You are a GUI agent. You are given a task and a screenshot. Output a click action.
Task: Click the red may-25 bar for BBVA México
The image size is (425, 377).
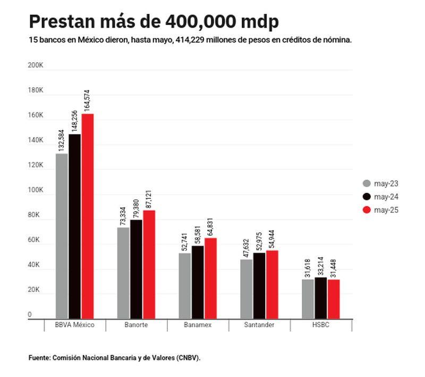(87, 215)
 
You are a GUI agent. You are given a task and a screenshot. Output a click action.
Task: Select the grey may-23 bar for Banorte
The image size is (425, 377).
(123, 272)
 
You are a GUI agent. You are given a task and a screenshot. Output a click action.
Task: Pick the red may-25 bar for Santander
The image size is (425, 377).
(272, 283)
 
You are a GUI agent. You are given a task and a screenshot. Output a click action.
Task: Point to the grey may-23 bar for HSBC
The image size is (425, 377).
(308, 298)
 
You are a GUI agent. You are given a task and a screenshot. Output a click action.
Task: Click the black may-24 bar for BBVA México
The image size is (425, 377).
(75, 225)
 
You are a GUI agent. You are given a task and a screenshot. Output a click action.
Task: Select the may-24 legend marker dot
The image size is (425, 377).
(367, 197)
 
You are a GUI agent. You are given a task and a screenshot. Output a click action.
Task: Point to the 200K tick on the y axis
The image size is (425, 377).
(36, 65)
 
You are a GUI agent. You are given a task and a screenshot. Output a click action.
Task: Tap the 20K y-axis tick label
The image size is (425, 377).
(35, 290)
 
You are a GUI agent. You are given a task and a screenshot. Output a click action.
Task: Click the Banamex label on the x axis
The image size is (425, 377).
(198, 325)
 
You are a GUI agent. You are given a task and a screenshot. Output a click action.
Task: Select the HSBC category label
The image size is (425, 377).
(320, 325)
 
